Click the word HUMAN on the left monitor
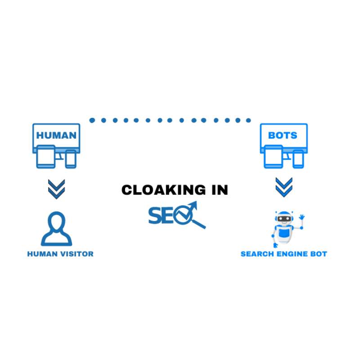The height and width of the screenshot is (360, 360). pos(56,135)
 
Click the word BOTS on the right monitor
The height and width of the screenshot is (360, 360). pos(283,135)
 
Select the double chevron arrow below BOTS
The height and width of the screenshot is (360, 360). pos(284,187)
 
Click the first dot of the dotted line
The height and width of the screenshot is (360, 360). pos(92,120)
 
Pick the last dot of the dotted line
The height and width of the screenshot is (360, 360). pos(248,120)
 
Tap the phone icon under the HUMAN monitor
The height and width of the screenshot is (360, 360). pos(71,159)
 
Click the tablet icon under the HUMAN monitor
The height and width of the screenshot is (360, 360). pos(46,157)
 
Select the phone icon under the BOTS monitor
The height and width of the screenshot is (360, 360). pos(298,159)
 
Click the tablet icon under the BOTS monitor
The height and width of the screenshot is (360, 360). pos(274,157)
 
